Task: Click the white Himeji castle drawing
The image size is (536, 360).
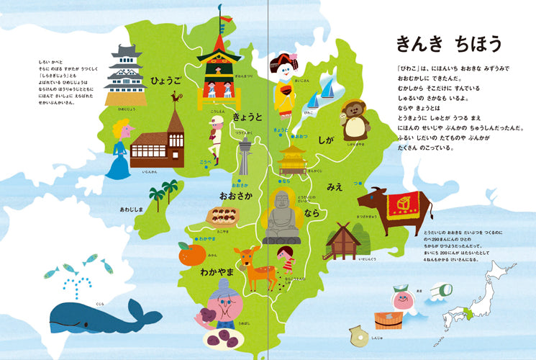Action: point(124,75)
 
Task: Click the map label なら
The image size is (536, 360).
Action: point(312,215)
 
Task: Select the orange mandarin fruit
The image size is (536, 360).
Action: point(191,254)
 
